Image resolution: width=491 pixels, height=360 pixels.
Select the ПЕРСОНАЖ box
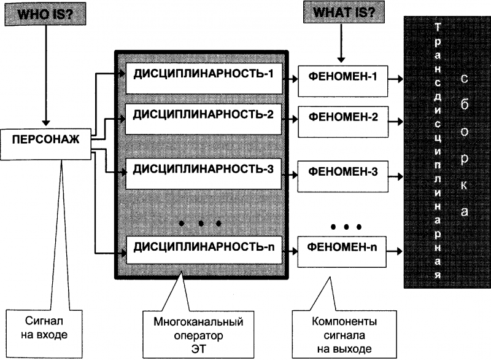point(46,139)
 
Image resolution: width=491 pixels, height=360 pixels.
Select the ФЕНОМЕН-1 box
point(343,79)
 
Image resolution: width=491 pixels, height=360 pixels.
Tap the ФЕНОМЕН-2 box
point(343,121)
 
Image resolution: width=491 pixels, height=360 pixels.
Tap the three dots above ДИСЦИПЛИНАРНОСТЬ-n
point(199,224)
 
